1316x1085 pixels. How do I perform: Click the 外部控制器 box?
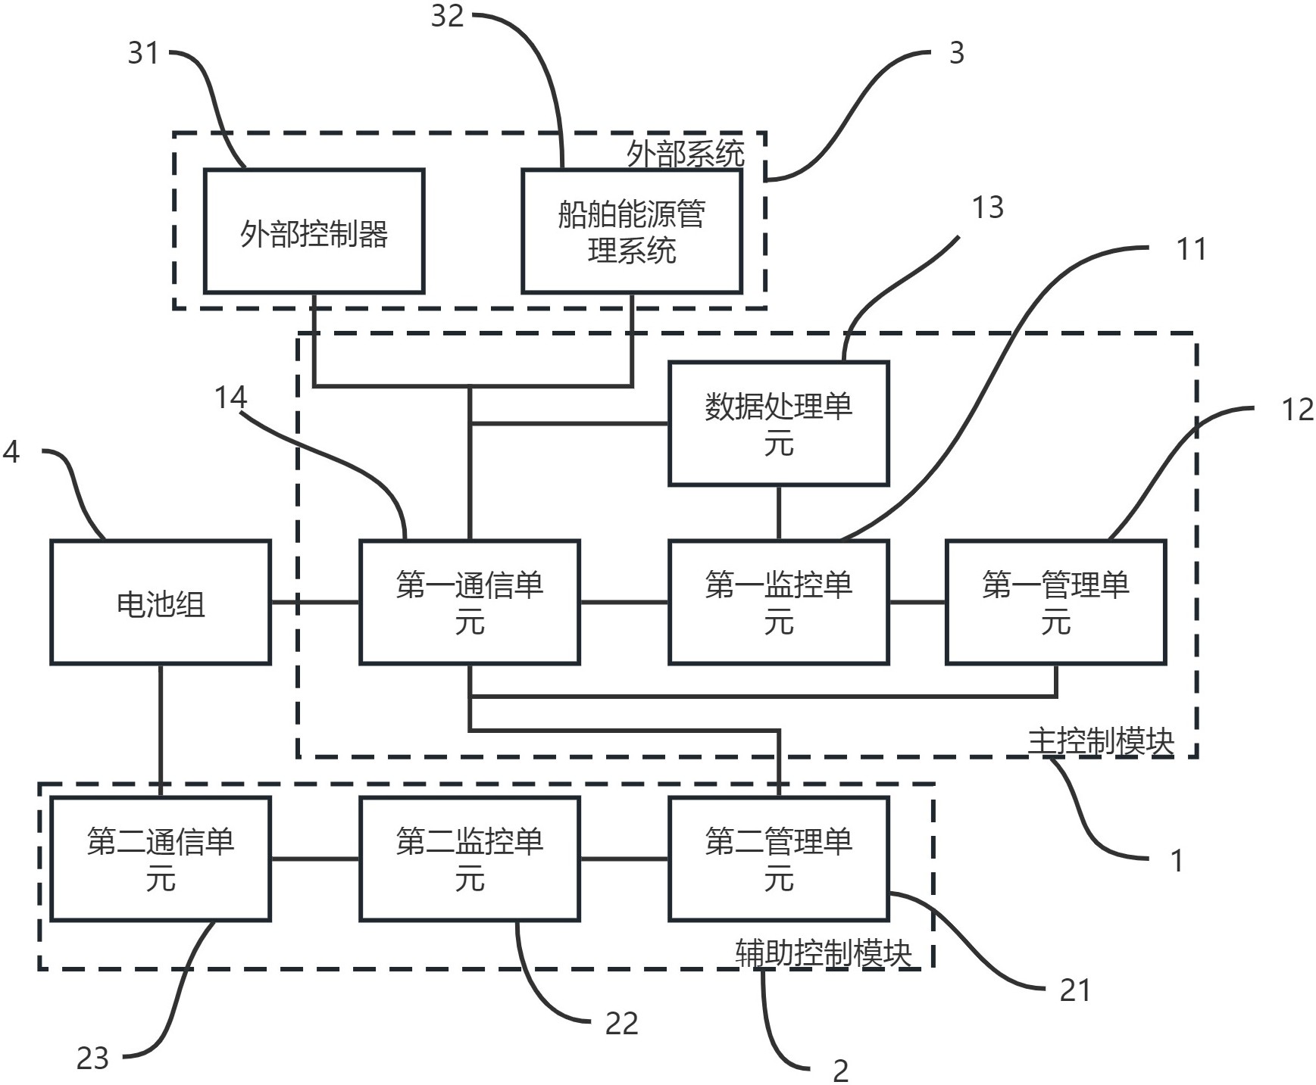point(314,232)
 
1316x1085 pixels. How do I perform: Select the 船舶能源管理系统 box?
point(631,232)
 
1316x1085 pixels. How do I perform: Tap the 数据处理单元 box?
point(778,423)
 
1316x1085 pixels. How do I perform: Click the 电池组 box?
point(161,603)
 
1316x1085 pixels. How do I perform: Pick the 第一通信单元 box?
point(470,603)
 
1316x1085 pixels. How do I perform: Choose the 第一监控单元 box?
point(778,603)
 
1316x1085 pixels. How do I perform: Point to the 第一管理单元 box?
point(1055,603)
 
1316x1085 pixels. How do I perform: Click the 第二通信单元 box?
point(161,859)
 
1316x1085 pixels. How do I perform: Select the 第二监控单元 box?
point(470,859)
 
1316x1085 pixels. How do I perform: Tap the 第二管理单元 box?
point(778,859)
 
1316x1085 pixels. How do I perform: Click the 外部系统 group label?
point(685,154)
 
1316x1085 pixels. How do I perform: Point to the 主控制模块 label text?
point(1100,741)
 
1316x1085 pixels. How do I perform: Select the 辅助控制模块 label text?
point(823,953)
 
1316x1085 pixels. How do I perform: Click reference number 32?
point(447,16)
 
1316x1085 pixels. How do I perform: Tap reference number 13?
point(987,207)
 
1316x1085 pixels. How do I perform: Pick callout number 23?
point(92,1058)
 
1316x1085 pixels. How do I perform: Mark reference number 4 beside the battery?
point(11,452)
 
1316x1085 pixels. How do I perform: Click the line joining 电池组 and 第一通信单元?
point(314,603)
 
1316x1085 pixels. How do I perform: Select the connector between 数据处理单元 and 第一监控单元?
point(778,513)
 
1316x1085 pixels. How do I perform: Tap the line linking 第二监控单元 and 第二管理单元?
point(624,859)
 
